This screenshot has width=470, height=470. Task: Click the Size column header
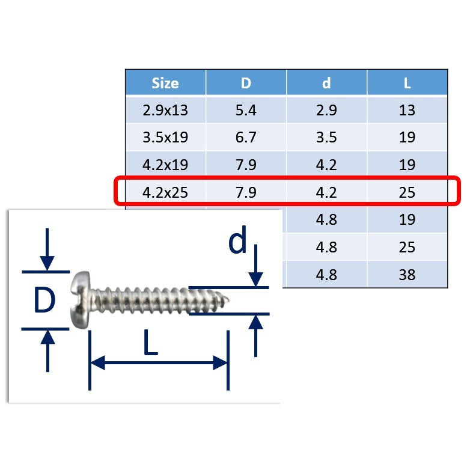[x=165, y=83]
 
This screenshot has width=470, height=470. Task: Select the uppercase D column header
[x=246, y=83]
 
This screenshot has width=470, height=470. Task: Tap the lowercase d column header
[x=326, y=83]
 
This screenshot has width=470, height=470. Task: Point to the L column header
[x=407, y=84]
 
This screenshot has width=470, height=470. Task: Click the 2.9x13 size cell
[x=165, y=110]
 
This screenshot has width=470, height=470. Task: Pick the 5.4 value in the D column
[x=246, y=110]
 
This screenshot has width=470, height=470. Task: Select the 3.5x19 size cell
[x=165, y=137]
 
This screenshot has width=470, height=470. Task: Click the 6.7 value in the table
[x=246, y=137]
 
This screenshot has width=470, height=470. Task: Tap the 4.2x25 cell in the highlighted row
[x=165, y=192]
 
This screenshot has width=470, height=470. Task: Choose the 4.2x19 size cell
[x=165, y=165]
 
